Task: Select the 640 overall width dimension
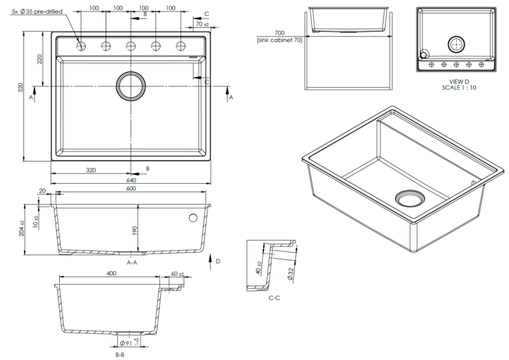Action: point(130,180)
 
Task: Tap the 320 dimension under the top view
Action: point(92,170)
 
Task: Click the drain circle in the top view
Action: point(130,84)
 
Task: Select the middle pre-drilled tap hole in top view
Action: point(130,45)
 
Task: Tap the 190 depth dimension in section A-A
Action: point(135,230)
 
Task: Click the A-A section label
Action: point(133,262)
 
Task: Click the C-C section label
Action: point(275,298)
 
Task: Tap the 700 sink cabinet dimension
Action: point(279,32)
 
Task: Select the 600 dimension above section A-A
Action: point(130,188)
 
